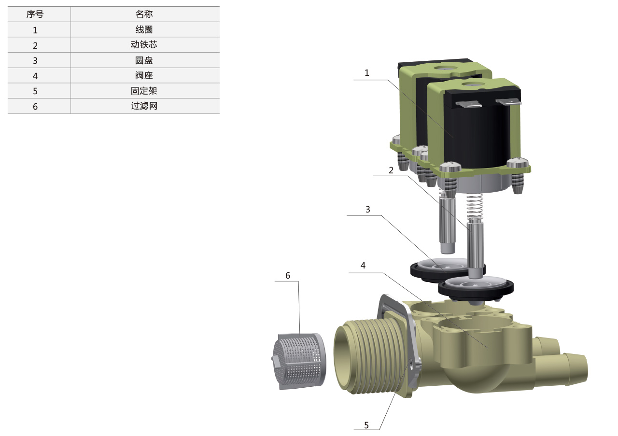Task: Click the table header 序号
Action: (x=35, y=14)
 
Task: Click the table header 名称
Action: (x=144, y=14)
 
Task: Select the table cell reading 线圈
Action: (x=144, y=29)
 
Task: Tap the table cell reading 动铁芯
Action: (x=144, y=45)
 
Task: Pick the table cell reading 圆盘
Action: (x=144, y=60)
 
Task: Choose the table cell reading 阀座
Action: (x=144, y=75)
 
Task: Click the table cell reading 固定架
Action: (x=144, y=91)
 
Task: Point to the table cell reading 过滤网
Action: (x=144, y=106)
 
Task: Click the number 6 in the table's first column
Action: (x=35, y=107)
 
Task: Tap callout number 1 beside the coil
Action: (x=366, y=73)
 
